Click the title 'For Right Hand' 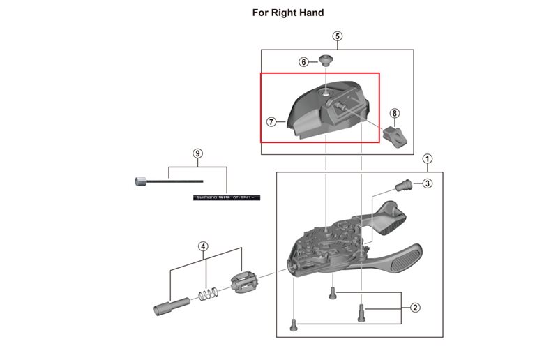click(278, 13)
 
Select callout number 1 click(427, 159)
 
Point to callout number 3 click(428, 183)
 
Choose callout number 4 click(203, 246)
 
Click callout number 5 click(337, 36)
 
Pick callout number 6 click(304, 61)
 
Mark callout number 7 click(272, 121)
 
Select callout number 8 click(395, 113)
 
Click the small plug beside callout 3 click(403, 185)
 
